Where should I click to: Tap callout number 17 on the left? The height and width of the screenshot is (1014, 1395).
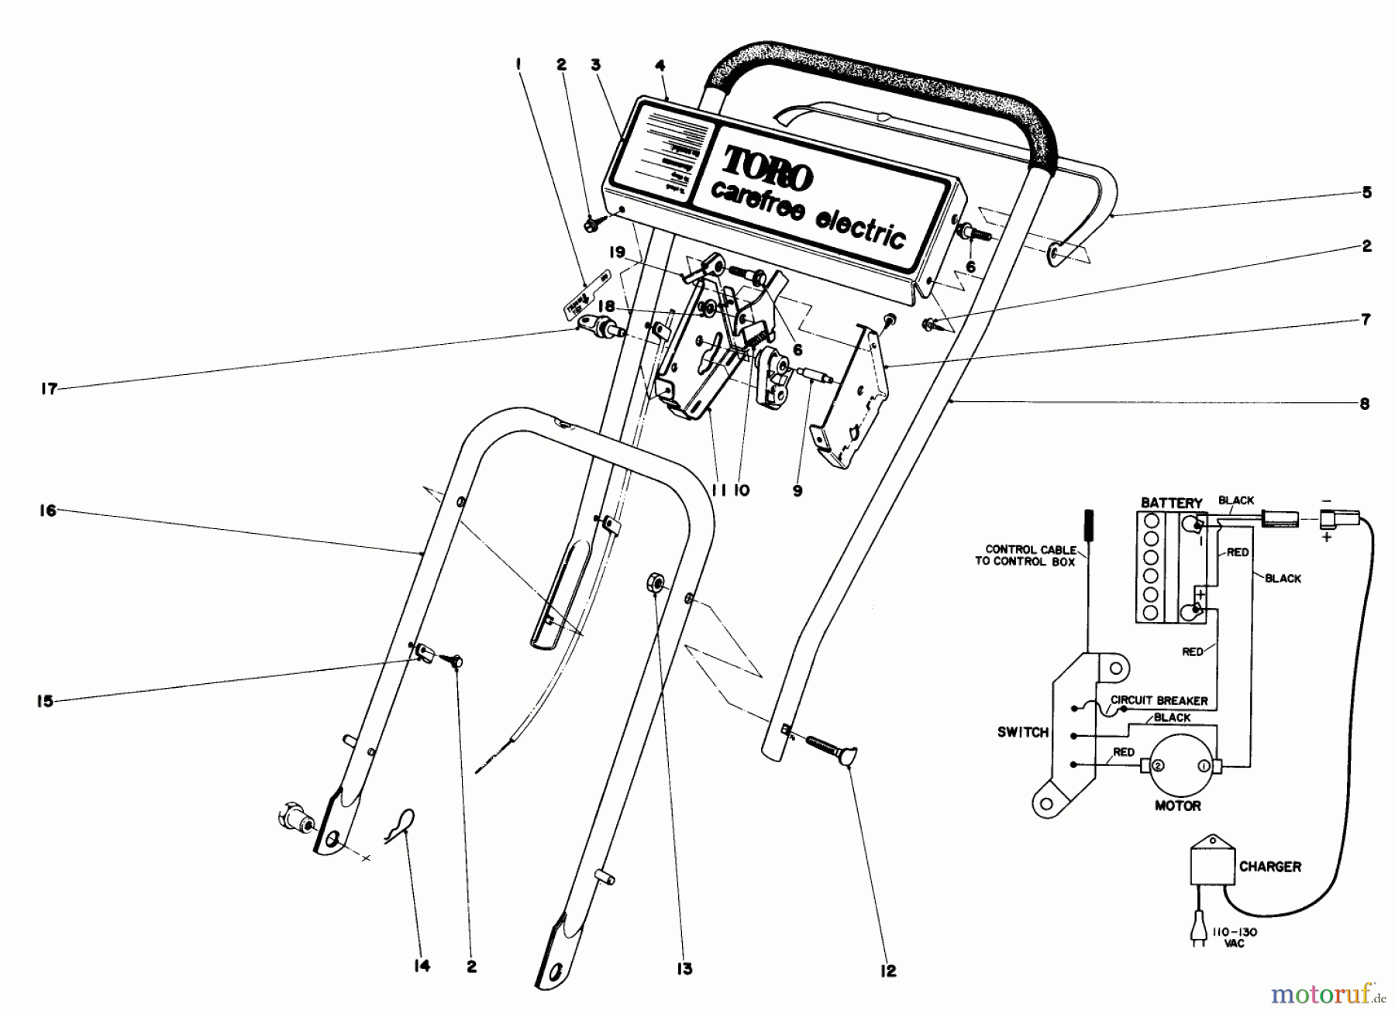pyautogui.click(x=49, y=389)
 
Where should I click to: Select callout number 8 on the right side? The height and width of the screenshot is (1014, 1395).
pyautogui.click(x=1365, y=404)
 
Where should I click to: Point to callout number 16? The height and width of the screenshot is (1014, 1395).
pyautogui.click(x=48, y=510)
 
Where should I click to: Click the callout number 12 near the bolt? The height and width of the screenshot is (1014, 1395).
pyautogui.click(x=888, y=971)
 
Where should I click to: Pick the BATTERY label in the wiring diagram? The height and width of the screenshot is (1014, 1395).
pyautogui.click(x=1171, y=503)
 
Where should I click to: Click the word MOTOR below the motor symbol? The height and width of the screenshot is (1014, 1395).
pyautogui.click(x=1177, y=806)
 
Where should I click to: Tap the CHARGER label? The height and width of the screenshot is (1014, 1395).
pyautogui.click(x=1269, y=866)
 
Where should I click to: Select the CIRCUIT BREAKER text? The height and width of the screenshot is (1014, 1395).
pyautogui.click(x=1159, y=700)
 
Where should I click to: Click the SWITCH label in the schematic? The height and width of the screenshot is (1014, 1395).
pyautogui.click(x=1023, y=732)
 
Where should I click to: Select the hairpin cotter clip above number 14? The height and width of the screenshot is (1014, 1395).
pyautogui.click(x=402, y=821)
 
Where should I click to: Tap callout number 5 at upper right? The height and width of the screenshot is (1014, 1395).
pyautogui.click(x=1366, y=192)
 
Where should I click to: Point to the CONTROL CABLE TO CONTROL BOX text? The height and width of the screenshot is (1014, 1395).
pyautogui.click(x=1025, y=555)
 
